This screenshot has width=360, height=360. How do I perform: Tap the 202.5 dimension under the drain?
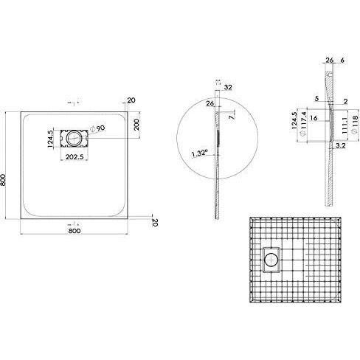[x=75, y=156]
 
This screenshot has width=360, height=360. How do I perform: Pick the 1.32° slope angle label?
[x=198, y=155]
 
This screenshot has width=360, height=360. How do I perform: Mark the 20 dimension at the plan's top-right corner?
[x=131, y=100]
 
